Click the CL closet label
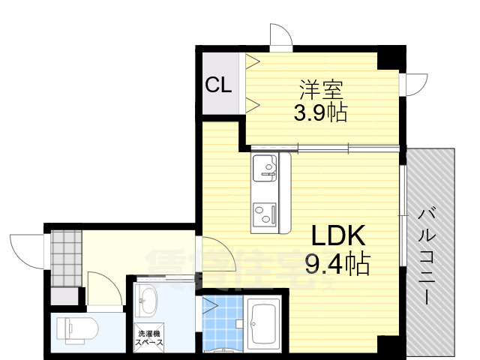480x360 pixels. pyautogui.click(x=218, y=85)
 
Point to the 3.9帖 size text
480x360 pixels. pyautogui.click(x=320, y=113)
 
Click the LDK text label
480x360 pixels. pyautogui.click(x=338, y=237)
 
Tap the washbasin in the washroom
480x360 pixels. pyautogui.click(x=148, y=302)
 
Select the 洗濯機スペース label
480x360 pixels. pyautogui.click(x=148, y=337)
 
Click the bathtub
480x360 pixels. pyautogui.click(x=263, y=322)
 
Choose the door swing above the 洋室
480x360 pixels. pyautogui.click(x=280, y=36)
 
